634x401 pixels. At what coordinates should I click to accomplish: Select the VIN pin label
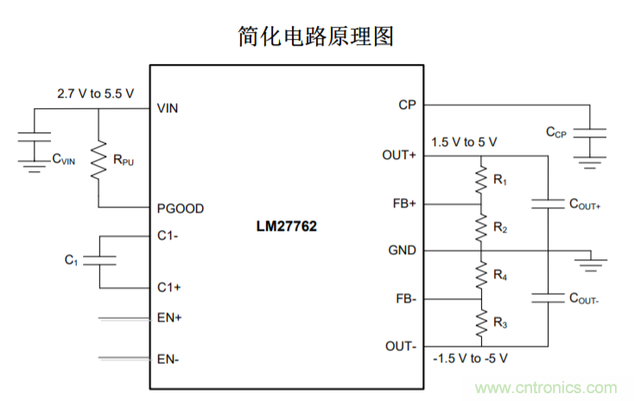pyautogui.click(x=168, y=109)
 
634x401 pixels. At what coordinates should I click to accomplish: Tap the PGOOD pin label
pyautogui.click(x=181, y=208)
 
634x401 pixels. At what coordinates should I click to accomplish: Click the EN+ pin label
pyautogui.click(x=169, y=318)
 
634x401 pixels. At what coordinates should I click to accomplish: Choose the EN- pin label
pyautogui.click(x=168, y=358)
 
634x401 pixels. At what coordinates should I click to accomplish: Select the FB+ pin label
pyautogui.click(x=403, y=204)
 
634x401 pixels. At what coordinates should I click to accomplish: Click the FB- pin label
pyautogui.click(x=403, y=299)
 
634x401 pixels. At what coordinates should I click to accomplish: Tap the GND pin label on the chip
pyautogui.click(x=402, y=251)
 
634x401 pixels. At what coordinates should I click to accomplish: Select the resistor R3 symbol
pyautogui.click(x=480, y=323)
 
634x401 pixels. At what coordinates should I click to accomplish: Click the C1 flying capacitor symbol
pyautogui.click(x=98, y=260)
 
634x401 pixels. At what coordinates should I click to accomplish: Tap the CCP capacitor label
pyautogui.click(x=555, y=132)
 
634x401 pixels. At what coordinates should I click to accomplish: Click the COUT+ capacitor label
pyautogui.click(x=584, y=205)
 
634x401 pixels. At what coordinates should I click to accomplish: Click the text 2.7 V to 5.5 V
pyautogui.click(x=95, y=92)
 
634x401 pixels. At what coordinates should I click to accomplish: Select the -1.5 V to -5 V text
pyautogui.click(x=470, y=357)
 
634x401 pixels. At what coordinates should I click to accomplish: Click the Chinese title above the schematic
pyautogui.click(x=316, y=36)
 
